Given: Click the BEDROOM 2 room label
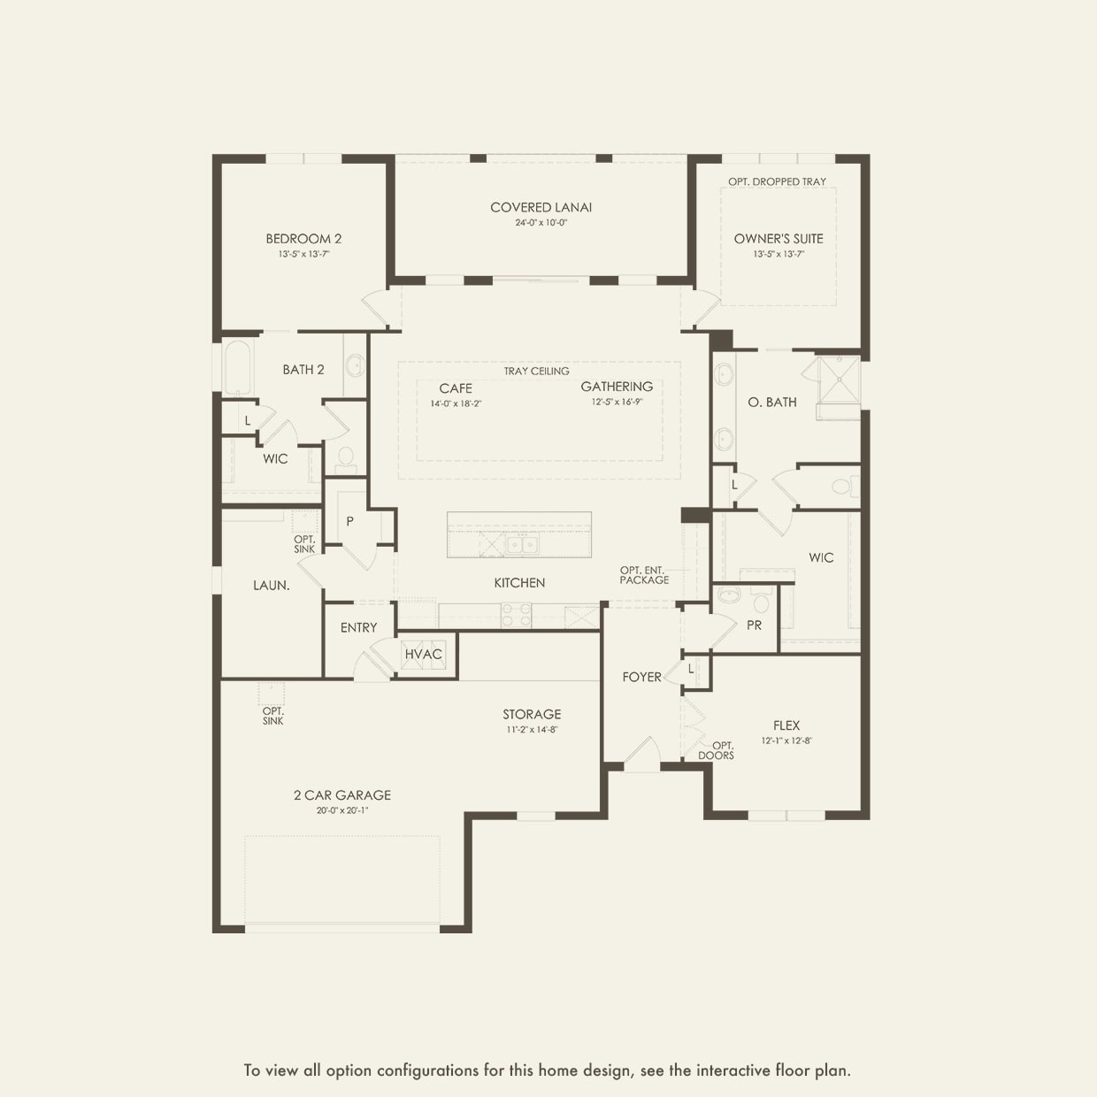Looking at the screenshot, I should (x=303, y=239).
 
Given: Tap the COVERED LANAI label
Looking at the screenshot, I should (x=541, y=208).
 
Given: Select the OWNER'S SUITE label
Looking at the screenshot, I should (x=779, y=239).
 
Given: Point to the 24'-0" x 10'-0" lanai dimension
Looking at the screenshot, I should (x=541, y=223).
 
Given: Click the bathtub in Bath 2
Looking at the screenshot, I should (x=238, y=368).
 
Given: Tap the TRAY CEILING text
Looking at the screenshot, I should (x=537, y=372).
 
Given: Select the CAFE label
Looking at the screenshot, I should (x=456, y=388).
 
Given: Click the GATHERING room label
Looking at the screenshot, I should (x=617, y=387).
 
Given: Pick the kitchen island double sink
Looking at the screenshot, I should (x=521, y=545).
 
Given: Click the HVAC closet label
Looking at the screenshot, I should (x=423, y=655).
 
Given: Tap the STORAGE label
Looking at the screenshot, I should (x=532, y=715).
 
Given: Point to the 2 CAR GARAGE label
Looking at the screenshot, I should (x=342, y=795).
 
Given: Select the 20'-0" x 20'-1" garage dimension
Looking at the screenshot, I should (x=342, y=810).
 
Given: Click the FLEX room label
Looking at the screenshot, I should (x=786, y=725).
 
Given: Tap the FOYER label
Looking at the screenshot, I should (x=641, y=677).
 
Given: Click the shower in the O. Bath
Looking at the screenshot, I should (x=837, y=380).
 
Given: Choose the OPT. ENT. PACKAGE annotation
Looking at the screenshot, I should (x=644, y=575).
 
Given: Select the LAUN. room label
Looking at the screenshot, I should (x=271, y=586).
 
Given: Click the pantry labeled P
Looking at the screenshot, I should (x=350, y=521).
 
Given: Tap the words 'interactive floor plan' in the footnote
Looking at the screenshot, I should (x=773, y=1070).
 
